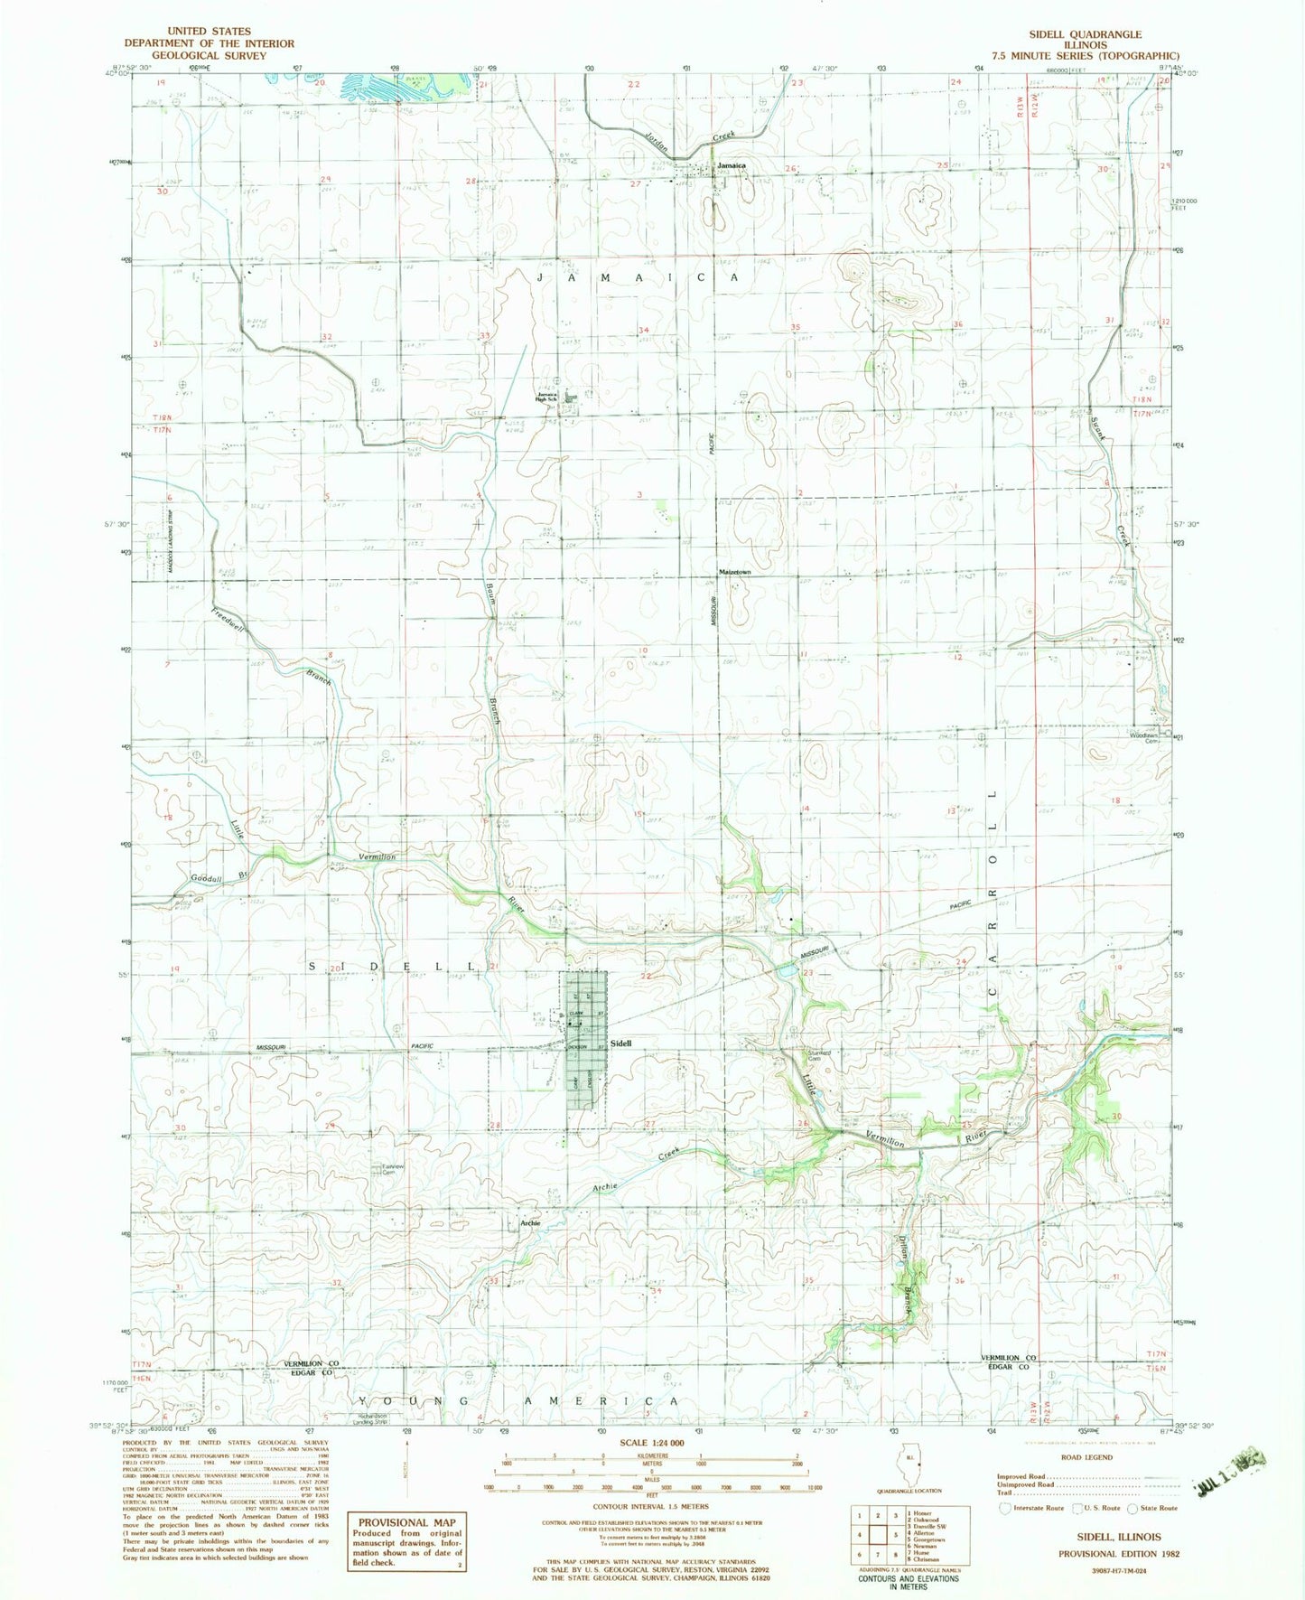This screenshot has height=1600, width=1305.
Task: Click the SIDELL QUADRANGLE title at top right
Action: pos(1085,34)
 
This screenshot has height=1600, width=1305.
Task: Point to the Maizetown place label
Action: pos(734,573)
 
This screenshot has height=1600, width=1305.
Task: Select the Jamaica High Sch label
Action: pos(548,397)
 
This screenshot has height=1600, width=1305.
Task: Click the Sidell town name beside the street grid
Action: pos(620,1043)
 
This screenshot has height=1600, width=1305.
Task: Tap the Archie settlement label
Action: pos(530,1223)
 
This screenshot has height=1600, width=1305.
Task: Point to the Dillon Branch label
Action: pos(902,1269)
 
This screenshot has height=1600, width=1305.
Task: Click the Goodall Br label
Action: pos(218,877)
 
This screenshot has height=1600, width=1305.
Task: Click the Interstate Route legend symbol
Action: pos(1005,1508)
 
